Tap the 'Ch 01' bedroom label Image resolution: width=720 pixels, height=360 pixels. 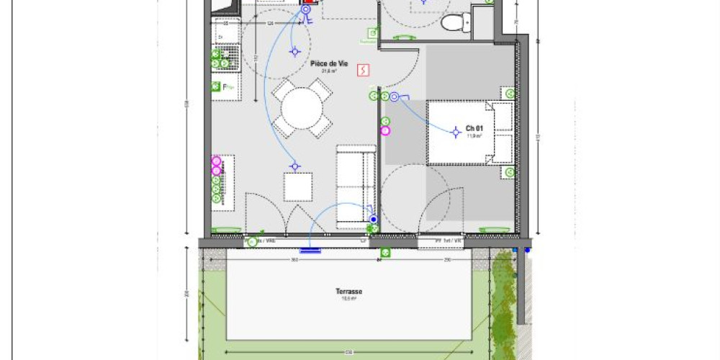click(x=473, y=127)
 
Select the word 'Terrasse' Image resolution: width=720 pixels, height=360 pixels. click(x=348, y=292)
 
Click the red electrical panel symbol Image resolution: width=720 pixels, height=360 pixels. click(x=364, y=70)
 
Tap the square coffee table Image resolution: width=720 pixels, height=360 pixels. click(x=297, y=186)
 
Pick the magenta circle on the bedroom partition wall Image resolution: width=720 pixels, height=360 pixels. click(x=385, y=130)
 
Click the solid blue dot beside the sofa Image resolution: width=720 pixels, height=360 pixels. click(x=373, y=220)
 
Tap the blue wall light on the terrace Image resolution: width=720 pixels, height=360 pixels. click(x=311, y=251)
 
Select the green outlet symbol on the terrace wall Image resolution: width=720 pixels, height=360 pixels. click(x=385, y=253)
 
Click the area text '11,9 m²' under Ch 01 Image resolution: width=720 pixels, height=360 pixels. click(x=474, y=135)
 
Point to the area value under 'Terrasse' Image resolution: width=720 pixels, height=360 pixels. click(x=348, y=298)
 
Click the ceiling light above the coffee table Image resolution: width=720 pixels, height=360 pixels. click(x=294, y=167)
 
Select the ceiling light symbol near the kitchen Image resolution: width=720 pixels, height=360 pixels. click(x=294, y=51)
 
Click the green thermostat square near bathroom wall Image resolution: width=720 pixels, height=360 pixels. click(x=373, y=32)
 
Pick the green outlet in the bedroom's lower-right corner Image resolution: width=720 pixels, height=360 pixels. click(x=509, y=173)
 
